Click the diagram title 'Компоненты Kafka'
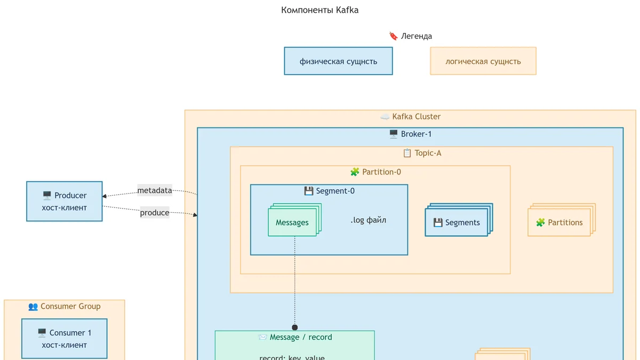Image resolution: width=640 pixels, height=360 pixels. pos(319,10)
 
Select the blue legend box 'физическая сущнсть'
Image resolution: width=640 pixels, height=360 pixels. pos(338,61)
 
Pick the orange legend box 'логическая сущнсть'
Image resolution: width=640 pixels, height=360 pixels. pos(483,61)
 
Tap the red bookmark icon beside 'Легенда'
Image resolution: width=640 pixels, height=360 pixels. pos(394,36)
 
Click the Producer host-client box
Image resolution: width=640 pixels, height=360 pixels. pos(65,201)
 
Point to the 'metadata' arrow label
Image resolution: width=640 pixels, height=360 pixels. pos(155,190)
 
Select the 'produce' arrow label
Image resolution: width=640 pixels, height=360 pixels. pos(155,213)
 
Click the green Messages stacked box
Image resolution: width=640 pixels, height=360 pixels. pos(294,220)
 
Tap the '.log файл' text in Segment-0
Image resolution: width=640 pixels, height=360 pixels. pos(369,220)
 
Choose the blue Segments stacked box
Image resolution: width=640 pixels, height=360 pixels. pos(459,220)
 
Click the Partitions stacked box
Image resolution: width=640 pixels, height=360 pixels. pos(562,220)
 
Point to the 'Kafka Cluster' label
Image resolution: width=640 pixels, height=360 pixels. pos(417,117)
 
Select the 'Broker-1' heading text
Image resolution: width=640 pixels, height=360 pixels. pos(417,134)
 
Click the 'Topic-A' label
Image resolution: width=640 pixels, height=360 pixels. pos(428,153)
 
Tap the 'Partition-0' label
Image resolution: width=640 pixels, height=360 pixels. pos(381,172)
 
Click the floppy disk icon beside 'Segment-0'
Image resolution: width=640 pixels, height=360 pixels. pos(309,191)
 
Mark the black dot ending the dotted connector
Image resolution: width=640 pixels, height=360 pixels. pos(295,327)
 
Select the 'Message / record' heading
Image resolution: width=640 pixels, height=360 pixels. pos(301,337)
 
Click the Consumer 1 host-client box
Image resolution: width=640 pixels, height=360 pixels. pos(65,339)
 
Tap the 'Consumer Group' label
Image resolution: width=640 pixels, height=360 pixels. pos(70,306)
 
